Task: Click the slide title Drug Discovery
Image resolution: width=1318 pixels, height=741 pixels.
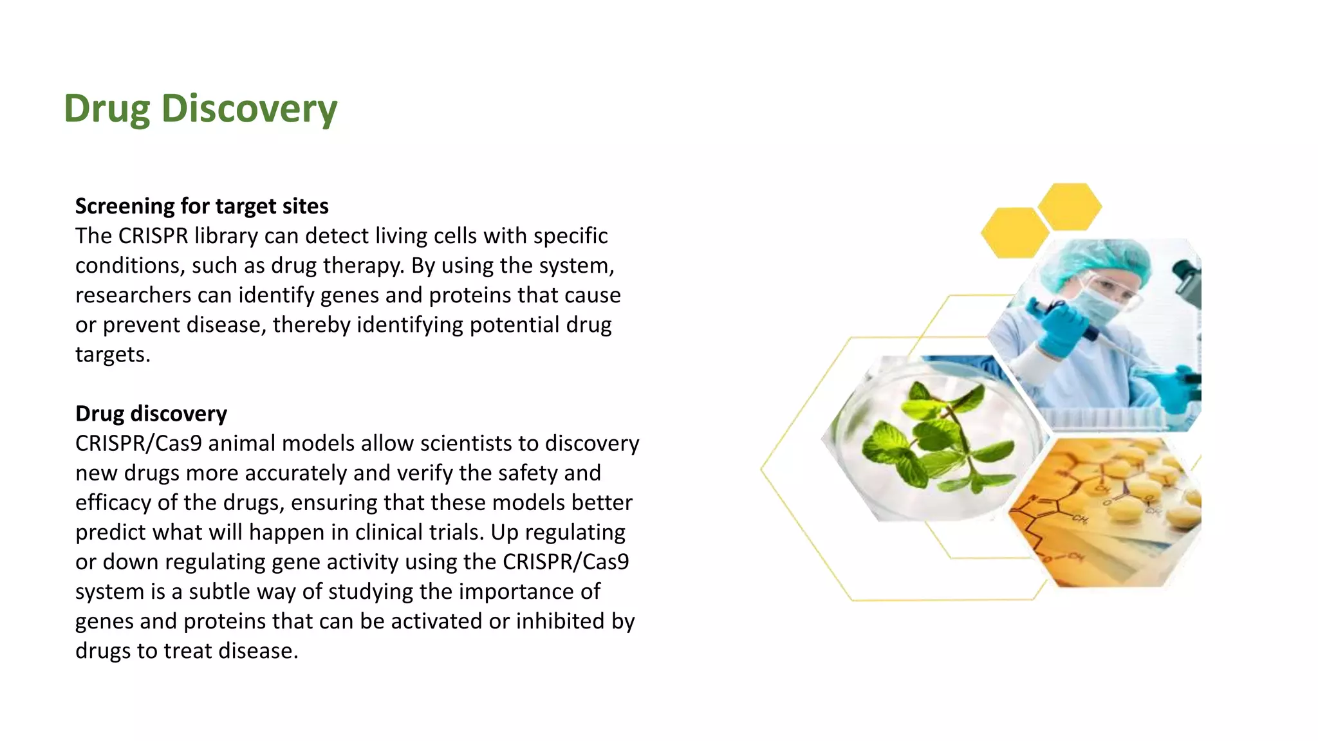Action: click(200, 108)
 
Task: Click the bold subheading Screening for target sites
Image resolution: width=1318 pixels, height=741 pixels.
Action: click(201, 206)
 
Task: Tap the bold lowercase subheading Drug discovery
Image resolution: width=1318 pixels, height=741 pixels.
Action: click(151, 413)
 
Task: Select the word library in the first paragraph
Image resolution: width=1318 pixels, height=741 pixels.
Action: click(226, 236)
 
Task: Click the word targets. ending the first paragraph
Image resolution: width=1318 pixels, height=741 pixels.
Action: click(113, 354)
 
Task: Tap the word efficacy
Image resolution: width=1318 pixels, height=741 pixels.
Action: click(113, 502)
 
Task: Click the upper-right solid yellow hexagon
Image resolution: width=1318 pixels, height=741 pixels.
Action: click(1070, 206)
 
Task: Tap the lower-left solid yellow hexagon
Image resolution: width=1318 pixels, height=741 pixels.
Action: click(1014, 233)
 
